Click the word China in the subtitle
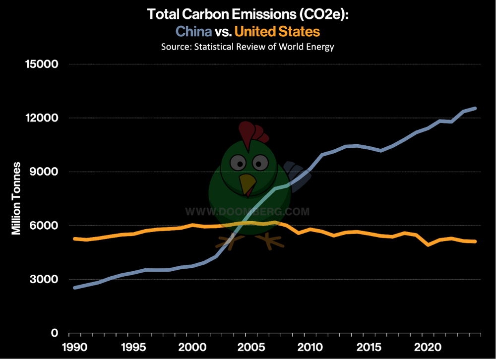[x=193, y=31]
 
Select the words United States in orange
[x=277, y=31]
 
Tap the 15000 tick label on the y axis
[x=42, y=64]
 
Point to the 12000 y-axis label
[x=42, y=118]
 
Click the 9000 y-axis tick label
[x=44, y=172]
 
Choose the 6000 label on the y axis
[x=44, y=225]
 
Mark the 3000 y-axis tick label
[x=44, y=279]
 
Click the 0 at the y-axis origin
[x=55, y=333]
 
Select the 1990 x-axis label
[x=75, y=347]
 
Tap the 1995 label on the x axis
[x=133, y=347]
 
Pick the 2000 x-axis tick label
[x=192, y=347]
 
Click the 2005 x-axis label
[x=251, y=347]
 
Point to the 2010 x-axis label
[x=310, y=347]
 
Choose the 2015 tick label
[x=369, y=347]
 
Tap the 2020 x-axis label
[x=428, y=347]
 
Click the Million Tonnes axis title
[x=16, y=198]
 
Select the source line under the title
[x=248, y=47]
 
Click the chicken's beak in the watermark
[x=247, y=184]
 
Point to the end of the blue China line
[x=475, y=109]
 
